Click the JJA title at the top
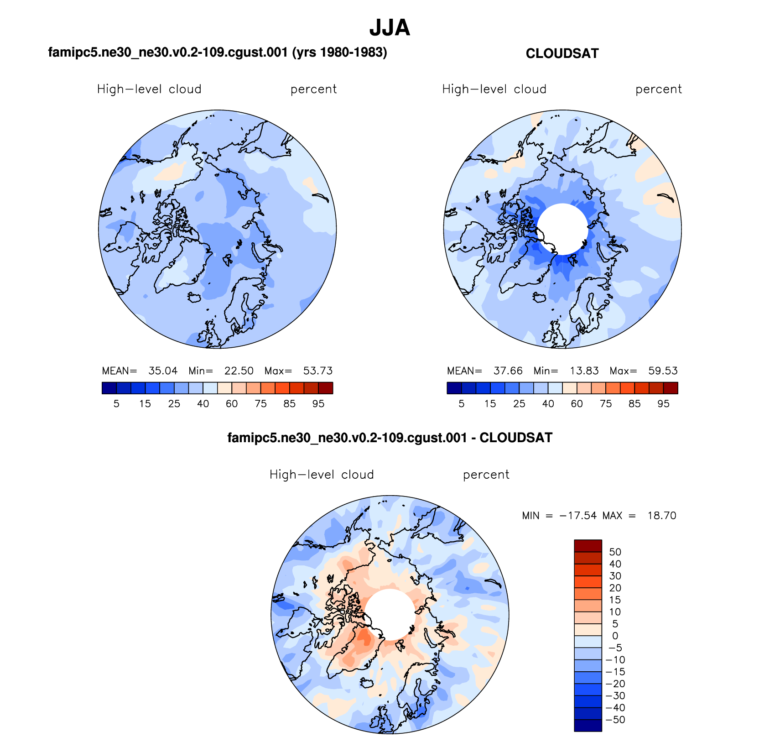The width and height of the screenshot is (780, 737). pos(390,28)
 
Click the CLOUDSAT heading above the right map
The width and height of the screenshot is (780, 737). pos(562,53)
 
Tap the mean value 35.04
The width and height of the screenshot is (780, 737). pos(163,371)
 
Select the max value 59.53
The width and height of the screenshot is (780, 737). pos(663,371)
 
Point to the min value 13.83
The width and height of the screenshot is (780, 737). pos(584,371)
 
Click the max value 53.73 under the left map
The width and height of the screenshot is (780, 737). pos(318,371)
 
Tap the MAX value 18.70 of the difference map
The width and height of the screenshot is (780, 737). pos(661,516)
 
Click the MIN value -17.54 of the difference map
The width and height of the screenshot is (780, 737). pos(578,516)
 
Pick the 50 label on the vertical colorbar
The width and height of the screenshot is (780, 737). pos(615,552)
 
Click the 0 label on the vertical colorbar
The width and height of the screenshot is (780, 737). pos(615,636)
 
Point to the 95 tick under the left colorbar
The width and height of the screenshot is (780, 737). pos(318,404)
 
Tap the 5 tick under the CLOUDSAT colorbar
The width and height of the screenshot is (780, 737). pos(462,404)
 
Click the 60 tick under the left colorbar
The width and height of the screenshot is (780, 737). pos(232,404)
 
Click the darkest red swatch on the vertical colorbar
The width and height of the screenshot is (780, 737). pos(588,546)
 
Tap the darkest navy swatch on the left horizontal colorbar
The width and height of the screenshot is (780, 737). pos(109,388)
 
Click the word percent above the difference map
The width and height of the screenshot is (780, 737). pos(486,475)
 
